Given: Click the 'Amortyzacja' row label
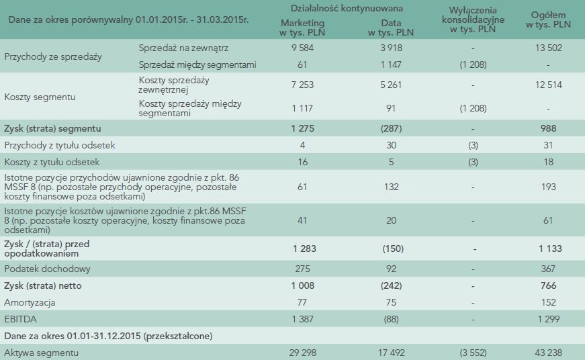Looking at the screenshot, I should [31, 302].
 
